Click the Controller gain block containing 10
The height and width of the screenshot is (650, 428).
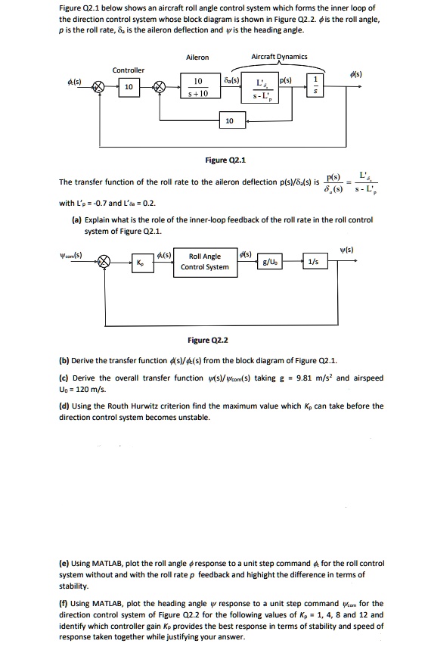129,88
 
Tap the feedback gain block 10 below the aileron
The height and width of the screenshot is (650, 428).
230,121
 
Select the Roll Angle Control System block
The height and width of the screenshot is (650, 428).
205,262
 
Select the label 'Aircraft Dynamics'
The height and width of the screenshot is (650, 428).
279,57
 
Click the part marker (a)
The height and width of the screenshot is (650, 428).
64,219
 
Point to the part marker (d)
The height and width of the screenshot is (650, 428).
64,406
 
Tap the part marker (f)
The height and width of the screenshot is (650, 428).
64,604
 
